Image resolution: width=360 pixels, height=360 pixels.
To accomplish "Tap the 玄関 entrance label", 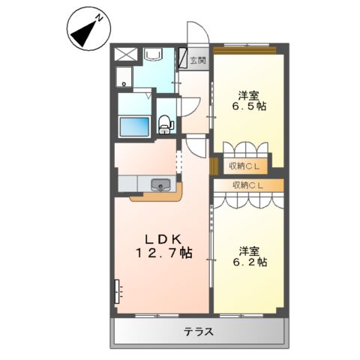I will (x=196, y=61).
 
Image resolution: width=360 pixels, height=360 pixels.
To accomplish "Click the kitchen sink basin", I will (x=160, y=184).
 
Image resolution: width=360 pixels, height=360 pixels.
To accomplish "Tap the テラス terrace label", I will (x=199, y=331).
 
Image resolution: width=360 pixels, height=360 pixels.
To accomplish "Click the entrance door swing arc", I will (x=196, y=34).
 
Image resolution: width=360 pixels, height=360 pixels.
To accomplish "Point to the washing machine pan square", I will (x=124, y=76).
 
